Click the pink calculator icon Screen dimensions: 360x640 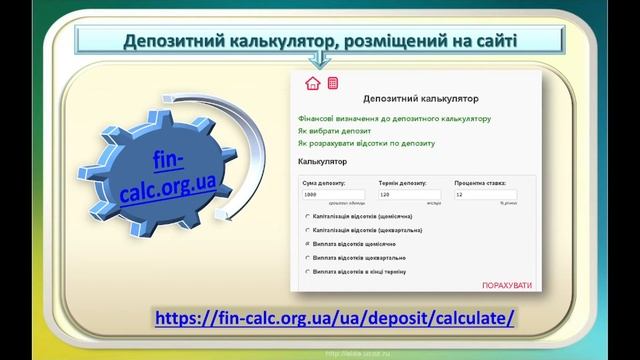[x=332, y=82]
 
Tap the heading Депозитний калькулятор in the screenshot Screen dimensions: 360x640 [x=420, y=100]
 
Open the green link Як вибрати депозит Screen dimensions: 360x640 [x=334, y=131]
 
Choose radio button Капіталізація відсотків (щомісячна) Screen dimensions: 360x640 [x=306, y=216]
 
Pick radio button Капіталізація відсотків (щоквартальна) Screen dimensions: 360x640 [x=306, y=229]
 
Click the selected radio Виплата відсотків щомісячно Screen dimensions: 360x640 [x=306, y=243]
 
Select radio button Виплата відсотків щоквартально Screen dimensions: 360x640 [x=306, y=257]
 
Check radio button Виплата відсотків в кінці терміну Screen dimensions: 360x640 [x=306, y=270]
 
